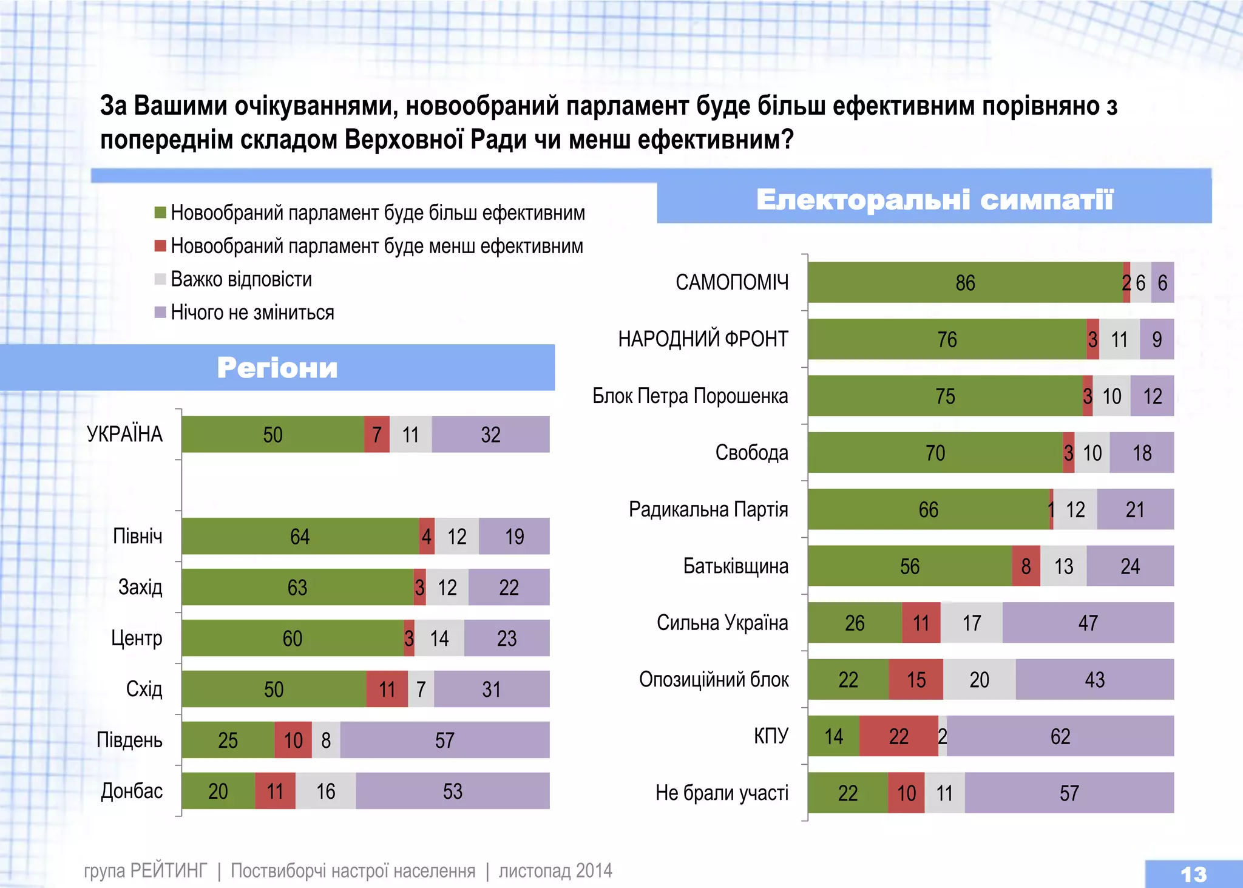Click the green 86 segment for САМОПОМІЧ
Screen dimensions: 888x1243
click(965, 283)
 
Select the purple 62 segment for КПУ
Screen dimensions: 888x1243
click(1060, 736)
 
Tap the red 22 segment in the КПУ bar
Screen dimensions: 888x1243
click(898, 736)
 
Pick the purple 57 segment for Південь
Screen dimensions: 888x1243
click(444, 740)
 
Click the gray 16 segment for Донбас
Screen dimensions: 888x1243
click(325, 791)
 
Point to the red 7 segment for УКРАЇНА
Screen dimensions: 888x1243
click(377, 435)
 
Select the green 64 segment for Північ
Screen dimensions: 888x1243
click(300, 537)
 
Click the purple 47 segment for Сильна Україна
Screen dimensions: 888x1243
click(1088, 623)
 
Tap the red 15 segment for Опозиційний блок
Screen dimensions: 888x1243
click(916, 680)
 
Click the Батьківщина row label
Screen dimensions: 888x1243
click(736, 566)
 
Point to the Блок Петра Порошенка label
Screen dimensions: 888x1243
click(690, 396)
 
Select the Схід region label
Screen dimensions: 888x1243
click(144, 689)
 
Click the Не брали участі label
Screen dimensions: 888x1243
click(722, 793)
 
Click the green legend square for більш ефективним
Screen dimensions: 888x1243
click(160, 212)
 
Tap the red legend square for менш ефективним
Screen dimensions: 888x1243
click(160, 246)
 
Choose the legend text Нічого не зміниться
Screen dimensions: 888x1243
click(252, 313)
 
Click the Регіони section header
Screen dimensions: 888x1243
click(277, 368)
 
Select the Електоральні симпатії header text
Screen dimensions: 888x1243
click(935, 200)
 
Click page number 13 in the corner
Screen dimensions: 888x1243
click(1193, 874)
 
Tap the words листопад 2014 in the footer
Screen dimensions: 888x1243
click(555, 871)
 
